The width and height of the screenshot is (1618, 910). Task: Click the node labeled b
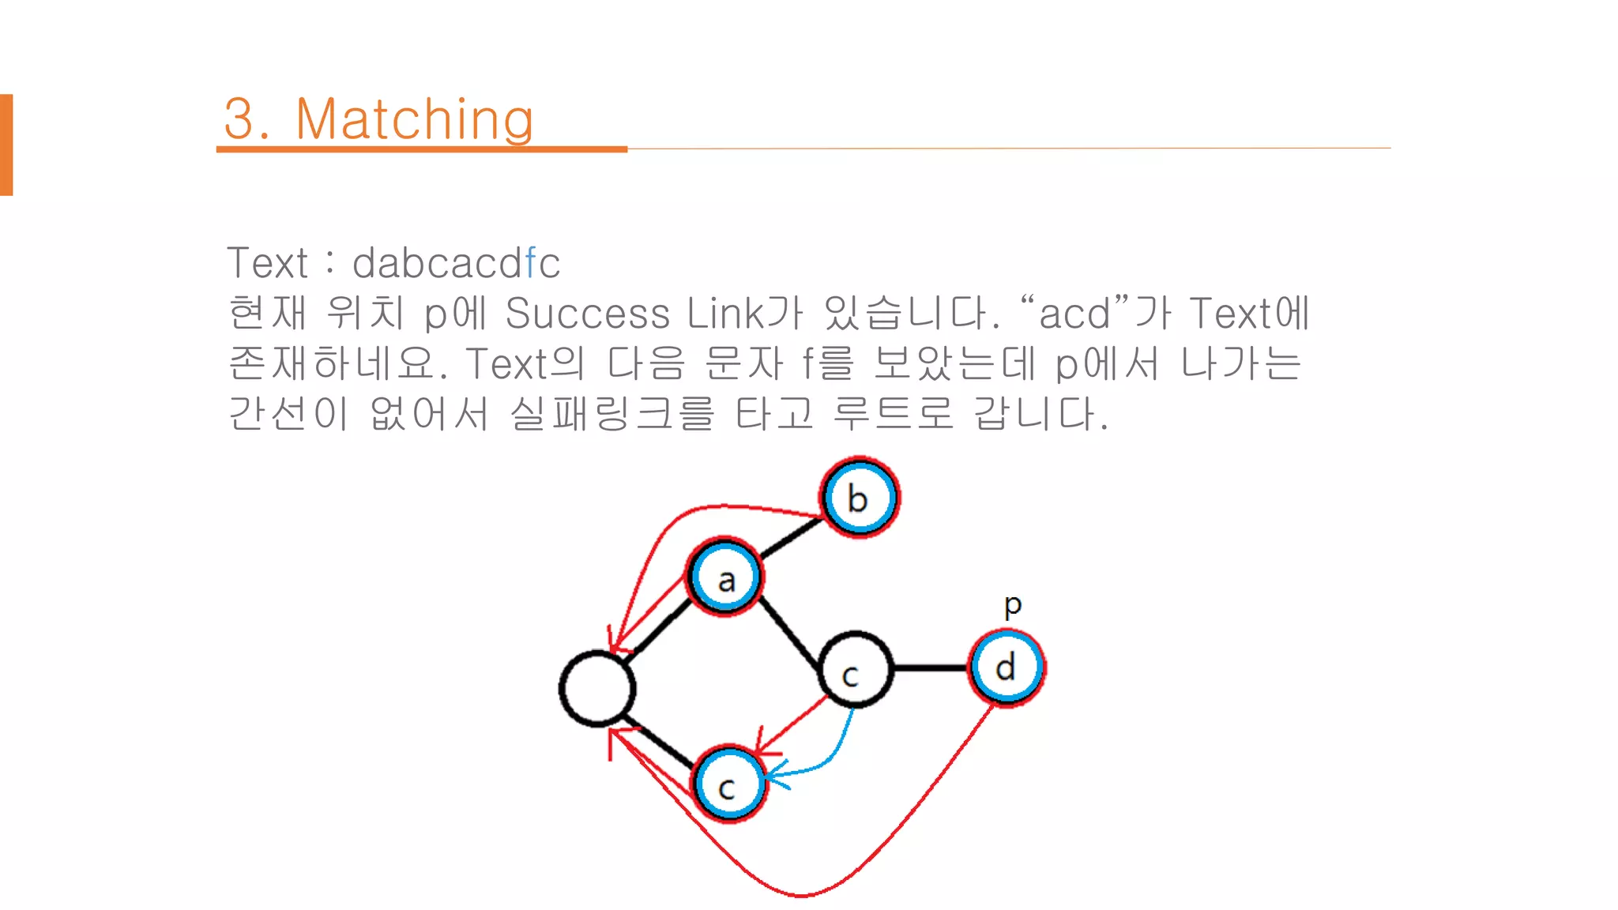tap(860, 498)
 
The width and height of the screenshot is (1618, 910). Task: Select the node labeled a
tap(725, 577)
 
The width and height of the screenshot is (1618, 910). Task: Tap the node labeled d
tap(1007, 667)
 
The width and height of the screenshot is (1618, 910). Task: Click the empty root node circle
tap(597, 689)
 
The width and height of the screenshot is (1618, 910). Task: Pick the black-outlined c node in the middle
tap(856, 670)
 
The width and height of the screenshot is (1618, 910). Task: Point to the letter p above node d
tap(1013, 606)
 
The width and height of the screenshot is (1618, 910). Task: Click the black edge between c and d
tap(931, 668)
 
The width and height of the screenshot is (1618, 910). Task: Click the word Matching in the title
tap(414, 119)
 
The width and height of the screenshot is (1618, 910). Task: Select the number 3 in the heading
tap(240, 119)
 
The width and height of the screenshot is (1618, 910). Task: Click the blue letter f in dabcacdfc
tap(530, 263)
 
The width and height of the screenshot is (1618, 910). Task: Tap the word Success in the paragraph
tap(587, 313)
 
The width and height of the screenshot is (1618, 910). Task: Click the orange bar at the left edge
tap(6, 145)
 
